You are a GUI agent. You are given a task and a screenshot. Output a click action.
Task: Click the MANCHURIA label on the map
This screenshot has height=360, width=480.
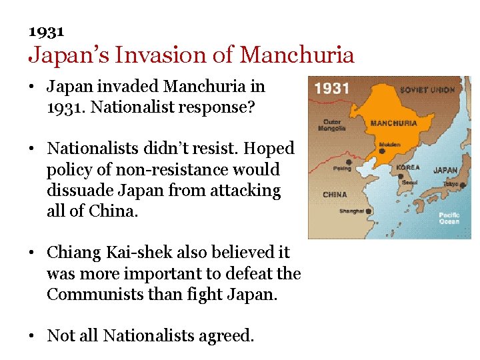click(393, 123)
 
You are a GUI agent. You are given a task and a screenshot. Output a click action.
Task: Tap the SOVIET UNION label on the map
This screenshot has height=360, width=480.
click(427, 90)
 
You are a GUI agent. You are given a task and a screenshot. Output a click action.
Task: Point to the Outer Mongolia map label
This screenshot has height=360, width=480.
click(332, 125)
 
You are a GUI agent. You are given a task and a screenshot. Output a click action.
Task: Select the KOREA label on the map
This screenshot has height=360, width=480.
click(408, 167)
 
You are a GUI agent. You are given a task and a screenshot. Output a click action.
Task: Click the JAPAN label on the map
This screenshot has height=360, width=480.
click(445, 170)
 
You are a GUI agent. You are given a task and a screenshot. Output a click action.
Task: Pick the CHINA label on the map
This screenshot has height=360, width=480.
click(335, 195)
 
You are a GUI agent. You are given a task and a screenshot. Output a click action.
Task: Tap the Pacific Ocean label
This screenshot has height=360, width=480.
click(449, 218)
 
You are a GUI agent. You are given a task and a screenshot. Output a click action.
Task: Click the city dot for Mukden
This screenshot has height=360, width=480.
click(382, 151)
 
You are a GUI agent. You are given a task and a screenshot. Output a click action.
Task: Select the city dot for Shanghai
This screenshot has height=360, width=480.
click(369, 211)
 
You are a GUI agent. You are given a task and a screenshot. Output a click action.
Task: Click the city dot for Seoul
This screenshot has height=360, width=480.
click(401, 176)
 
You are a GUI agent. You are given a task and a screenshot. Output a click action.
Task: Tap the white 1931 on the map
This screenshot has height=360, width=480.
click(331, 89)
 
